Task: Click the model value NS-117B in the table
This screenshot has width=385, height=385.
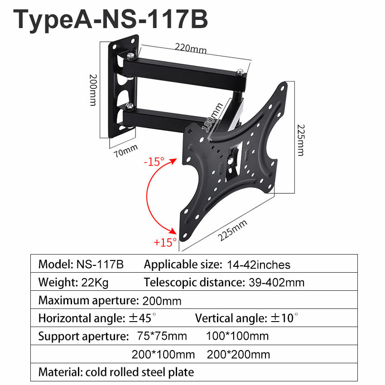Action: click(x=100, y=264)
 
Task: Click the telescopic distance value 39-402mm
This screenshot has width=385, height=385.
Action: click(x=276, y=283)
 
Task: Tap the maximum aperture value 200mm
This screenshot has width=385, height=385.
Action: click(x=162, y=301)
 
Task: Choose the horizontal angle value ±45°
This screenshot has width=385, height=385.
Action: click(x=142, y=318)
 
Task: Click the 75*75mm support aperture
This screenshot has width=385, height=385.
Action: click(x=161, y=336)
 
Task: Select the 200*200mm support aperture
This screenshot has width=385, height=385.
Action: click(x=238, y=354)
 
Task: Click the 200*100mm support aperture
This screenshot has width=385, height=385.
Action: click(x=163, y=354)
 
